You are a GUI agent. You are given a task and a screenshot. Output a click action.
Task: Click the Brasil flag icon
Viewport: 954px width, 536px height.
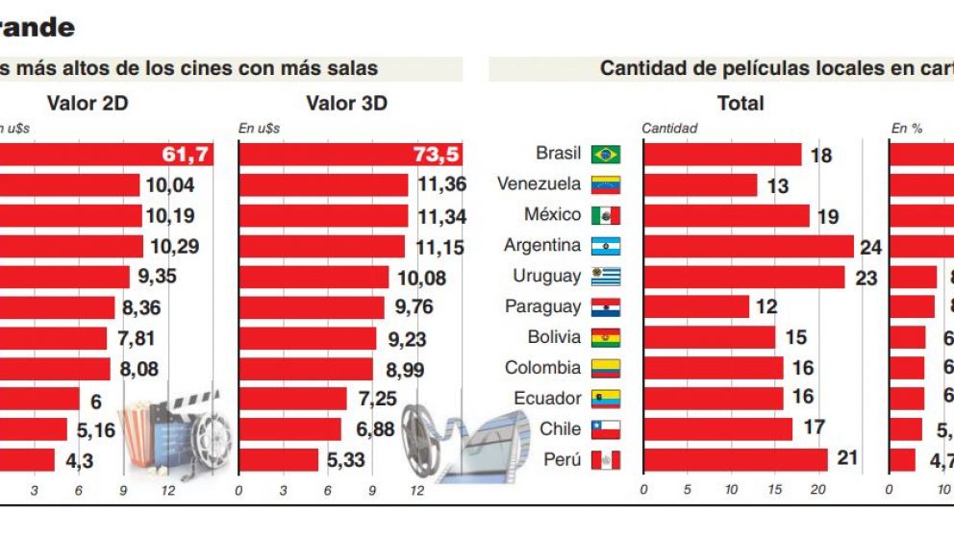(x=606, y=155)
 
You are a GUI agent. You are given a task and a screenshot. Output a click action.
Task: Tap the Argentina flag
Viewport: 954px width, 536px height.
(x=606, y=247)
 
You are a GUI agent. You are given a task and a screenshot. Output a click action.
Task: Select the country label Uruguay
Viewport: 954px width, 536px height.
(x=546, y=277)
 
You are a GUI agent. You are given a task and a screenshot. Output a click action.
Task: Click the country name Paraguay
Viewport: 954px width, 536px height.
(x=542, y=307)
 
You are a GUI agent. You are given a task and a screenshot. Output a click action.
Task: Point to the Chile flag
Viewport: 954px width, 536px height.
(x=606, y=429)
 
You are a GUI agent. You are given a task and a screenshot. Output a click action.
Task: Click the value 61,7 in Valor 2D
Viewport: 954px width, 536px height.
(x=186, y=154)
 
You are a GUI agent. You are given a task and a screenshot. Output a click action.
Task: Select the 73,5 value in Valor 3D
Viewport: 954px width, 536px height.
(x=442, y=154)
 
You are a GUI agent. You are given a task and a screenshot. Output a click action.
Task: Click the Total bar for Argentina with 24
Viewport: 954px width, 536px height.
(x=748, y=247)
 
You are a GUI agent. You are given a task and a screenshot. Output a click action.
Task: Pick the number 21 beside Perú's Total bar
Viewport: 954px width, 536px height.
(x=847, y=458)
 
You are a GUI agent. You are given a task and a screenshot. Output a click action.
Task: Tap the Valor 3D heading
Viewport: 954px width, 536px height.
(x=346, y=103)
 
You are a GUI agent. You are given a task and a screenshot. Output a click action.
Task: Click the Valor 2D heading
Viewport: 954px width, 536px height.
(x=87, y=103)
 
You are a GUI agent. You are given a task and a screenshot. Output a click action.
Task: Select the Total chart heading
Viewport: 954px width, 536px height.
(x=740, y=103)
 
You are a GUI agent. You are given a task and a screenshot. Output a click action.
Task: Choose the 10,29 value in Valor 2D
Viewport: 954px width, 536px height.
(x=174, y=247)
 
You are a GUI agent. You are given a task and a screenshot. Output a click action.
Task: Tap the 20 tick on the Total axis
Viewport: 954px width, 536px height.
(x=817, y=490)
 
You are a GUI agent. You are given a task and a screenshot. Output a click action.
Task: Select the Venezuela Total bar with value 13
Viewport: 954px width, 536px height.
(x=700, y=185)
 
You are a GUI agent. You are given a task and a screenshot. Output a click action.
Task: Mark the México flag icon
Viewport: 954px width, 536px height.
(x=606, y=216)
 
